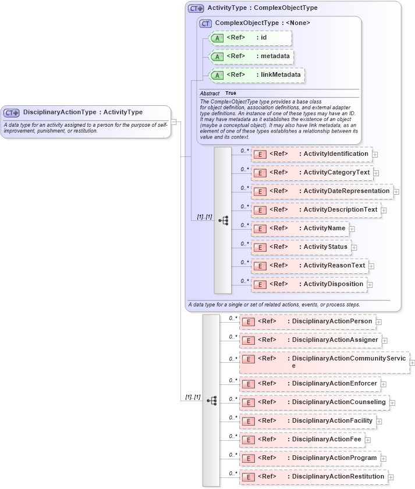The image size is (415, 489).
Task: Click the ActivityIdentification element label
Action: tap(336, 154)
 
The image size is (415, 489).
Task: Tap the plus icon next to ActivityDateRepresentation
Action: tap(396, 191)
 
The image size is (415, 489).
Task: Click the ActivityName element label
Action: tap(324, 228)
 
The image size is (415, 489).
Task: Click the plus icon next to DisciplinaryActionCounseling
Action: tap(392, 402)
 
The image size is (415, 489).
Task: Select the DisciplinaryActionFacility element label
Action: tap(332, 420)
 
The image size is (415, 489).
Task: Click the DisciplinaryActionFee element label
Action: tap(327, 439)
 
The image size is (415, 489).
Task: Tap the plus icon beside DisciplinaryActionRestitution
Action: tap(391, 477)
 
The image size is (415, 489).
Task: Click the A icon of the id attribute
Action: tap(217, 38)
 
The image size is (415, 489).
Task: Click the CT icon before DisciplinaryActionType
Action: tap(12, 113)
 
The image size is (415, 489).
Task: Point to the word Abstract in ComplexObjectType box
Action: tap(210, 93)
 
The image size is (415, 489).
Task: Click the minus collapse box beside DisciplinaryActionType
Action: tap(173, 122)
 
